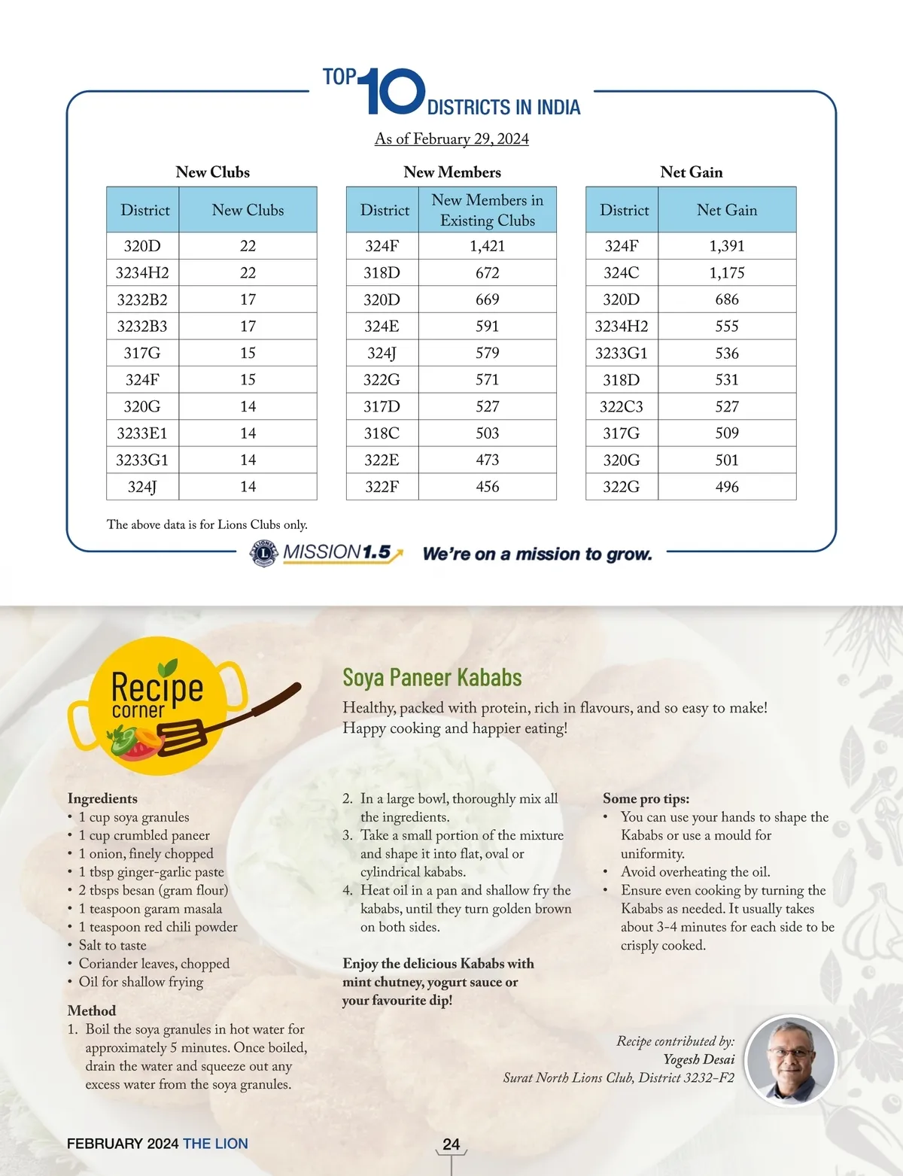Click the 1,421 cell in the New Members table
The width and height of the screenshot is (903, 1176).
pyautogui.click(x=487, y=246)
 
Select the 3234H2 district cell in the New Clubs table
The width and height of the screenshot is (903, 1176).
pyautogui.click(x=142, y=272)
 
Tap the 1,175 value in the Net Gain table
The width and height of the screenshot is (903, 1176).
pyautogui.click(x=726, y=272)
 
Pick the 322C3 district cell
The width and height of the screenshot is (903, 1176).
pyautogui.click(x=622, y=406)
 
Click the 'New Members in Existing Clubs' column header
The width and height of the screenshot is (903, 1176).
pyautogui.click(x=487, y=210)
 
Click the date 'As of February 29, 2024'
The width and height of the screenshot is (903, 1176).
pyautogui.click(x=451, y=139)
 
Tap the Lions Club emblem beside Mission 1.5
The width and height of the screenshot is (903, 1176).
pyautogui.click(x=263, y=553)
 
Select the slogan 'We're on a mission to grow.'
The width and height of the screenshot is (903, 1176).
pyautogui.click(x=537, y=555)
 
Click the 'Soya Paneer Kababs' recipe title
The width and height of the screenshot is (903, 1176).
pyautogui.click(x=432, y=677)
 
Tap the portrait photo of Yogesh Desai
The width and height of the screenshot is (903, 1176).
pyautogui.click(x=790, y=1059)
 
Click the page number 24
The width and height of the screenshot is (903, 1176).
pyautogui.click(x=451, y=1144)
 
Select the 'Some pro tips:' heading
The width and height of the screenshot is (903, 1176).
pyautogui.click(x=646, y=799)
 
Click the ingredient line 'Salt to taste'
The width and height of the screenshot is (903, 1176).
pyautogui.click(x=112, y=945)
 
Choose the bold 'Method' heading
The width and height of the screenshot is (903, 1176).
pyautogui.click(x=92, y=1010)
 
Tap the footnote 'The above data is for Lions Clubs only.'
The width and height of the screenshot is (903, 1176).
pyautogui.click(x=207, y=524)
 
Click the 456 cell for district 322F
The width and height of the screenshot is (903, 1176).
pyautogui.click(x=487, y=487)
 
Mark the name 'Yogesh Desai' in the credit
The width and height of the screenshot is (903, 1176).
pyautogui.click(x=698, y=1059)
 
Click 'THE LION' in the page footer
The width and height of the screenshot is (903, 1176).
pyautogui.click(x=215, y=1144)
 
